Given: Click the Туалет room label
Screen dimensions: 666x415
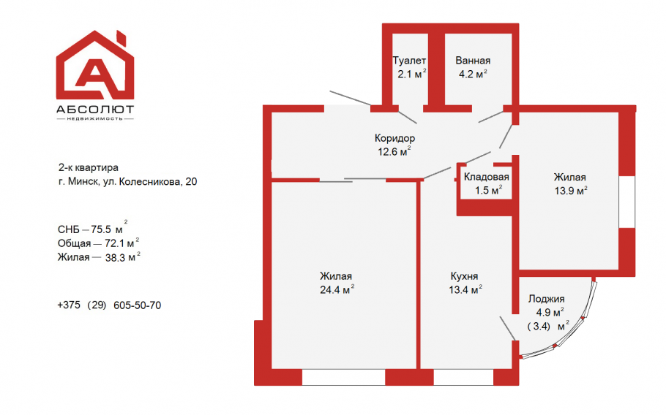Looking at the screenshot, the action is pyautogui.click(x=409, y=61).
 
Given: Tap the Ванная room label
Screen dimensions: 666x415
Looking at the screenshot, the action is pyautogui.click(x=473, y=61).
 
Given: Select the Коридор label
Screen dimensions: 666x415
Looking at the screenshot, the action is pyautogui.click(x=394, y=138).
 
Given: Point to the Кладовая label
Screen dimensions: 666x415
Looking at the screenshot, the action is pyautogui.click(x=487, y=177).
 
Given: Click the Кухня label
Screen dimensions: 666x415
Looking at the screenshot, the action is pyautogui.click(x=464, y=276).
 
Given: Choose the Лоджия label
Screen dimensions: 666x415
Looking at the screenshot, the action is pyautogui.click(x=546, y=300).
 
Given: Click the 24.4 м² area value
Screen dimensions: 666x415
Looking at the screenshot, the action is pyautogui.click(x=337, y=289).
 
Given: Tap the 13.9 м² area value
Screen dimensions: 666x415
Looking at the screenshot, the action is pyautogui.click(x=570, y=191).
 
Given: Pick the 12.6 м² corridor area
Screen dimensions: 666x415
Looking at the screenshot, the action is pyautogui.click(x=394, y=151).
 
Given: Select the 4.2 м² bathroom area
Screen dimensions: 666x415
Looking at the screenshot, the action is pyautogui.click(x=473, y=74).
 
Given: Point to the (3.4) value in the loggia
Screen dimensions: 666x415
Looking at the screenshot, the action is pyautogui.click(x=539, y=327).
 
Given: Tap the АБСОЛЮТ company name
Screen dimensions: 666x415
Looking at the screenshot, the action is pyautogui.click(x=95, y=110).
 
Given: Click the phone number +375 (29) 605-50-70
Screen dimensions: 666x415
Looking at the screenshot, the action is pyautogui.click(x=109, y=305).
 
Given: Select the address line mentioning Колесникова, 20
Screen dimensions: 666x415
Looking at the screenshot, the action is pyautogui.click(x=128, y=181).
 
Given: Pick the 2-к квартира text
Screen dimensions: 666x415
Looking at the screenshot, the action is pyautogui.click(x=89, y=168).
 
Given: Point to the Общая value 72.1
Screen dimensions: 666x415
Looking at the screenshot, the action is pyautogui.click(x=99, y=243).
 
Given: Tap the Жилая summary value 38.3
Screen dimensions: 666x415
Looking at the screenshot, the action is pyautogui.click(x=99, y=257).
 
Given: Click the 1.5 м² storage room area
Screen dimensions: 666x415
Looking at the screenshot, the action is pyautogui.click(x=488, y=190).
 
